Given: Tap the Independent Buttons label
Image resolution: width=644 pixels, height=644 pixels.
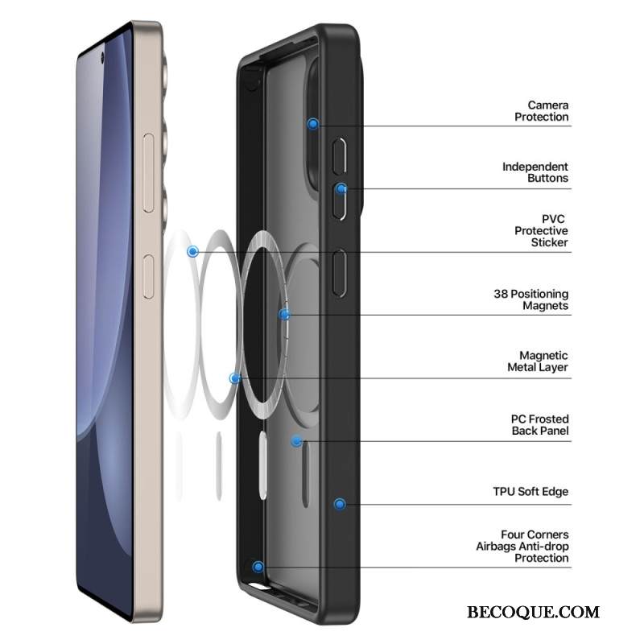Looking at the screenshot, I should [535, 172].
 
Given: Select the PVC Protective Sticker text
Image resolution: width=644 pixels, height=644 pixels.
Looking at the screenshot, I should [541, 231].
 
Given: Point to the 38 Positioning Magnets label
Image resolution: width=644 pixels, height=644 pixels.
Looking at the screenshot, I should [530, 299].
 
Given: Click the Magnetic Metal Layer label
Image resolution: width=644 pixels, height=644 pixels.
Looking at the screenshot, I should [538, 361].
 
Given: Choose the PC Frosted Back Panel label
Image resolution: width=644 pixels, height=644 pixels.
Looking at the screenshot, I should [539, 425].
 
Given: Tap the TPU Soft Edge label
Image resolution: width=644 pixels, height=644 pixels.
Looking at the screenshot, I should [530, 491].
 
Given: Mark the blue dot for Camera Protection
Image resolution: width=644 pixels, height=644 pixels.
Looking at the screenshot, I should [313, 124].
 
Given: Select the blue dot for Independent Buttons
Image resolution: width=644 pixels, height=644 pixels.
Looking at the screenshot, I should [341, 189].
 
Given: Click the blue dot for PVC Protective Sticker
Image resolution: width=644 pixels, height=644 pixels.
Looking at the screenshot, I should [192, 252].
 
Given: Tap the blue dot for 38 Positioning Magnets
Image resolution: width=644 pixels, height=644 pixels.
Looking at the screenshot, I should [283, 314].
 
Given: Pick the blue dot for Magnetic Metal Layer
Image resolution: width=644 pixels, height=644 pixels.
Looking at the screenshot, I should [234, 378].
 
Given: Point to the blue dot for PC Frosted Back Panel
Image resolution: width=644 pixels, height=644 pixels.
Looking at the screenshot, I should [296, 440].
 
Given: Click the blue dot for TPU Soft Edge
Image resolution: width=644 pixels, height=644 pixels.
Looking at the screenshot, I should [340, 504].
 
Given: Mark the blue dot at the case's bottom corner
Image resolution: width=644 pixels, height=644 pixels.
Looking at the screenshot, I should [258, 568].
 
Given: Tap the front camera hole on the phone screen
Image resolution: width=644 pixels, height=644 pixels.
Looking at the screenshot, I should [104, 59].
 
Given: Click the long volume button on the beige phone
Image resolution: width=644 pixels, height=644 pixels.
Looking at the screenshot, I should [148, 174].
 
